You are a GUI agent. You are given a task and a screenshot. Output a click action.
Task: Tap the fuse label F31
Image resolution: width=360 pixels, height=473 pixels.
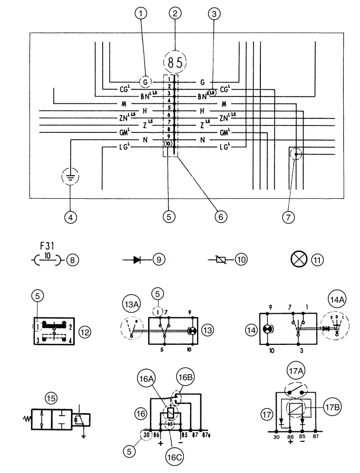[47, 246]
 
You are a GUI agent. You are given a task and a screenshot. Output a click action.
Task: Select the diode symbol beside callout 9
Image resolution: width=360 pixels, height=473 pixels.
[137, 259]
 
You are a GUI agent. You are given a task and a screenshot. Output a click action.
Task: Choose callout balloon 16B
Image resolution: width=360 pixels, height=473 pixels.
[186, 378]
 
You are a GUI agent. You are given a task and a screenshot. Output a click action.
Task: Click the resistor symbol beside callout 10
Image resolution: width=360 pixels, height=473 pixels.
[221, 259]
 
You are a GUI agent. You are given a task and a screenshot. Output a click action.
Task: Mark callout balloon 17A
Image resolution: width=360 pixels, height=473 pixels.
[295, 370]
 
